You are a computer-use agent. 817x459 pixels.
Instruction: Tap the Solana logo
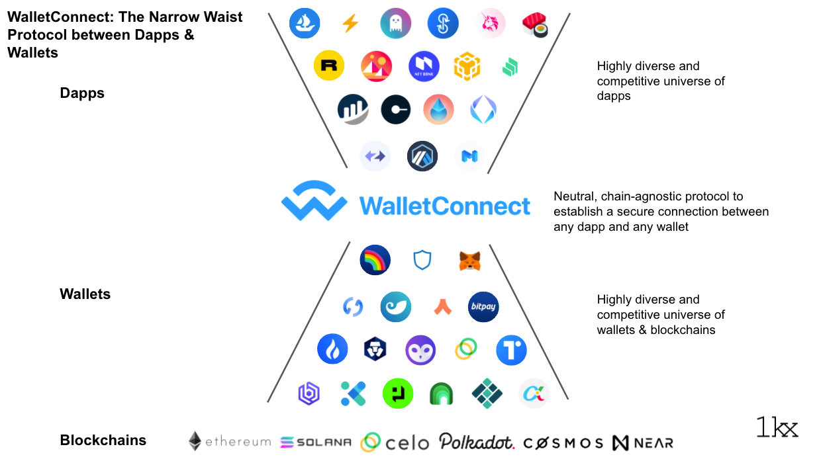316,442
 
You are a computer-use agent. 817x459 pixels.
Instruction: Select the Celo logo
395,442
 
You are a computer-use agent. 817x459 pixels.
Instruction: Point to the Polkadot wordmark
476,441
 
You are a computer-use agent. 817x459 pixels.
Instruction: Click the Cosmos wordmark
563,442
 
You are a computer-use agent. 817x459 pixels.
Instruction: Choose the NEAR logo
642,442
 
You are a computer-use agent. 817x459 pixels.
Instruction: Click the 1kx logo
777,427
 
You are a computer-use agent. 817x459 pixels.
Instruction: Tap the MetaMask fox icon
469,261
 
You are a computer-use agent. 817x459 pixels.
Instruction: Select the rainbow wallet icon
375,261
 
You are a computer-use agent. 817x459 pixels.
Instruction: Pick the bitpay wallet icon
483,307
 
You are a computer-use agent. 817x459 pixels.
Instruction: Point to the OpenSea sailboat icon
305,24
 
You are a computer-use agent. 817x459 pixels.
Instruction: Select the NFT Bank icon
424,67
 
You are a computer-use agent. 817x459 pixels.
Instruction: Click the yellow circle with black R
328,66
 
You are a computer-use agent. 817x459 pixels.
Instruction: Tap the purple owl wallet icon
420,351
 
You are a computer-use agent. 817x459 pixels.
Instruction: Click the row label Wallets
85,294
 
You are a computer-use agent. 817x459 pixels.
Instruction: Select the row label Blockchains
103,440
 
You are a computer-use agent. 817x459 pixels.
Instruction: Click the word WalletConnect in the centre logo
444,206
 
